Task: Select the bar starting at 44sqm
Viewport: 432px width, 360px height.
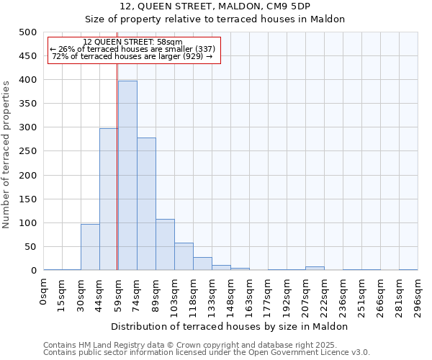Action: (x=109, y=199)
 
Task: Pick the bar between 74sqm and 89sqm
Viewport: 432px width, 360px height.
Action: (x=146, y=204)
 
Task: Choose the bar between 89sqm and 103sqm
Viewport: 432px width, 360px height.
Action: (x=165, y=245)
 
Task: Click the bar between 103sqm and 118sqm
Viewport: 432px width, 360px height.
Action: (x=184, y=256)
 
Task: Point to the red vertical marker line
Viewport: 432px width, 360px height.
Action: (x=117, y=166)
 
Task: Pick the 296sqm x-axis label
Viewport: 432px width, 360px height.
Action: (x=418, y=295)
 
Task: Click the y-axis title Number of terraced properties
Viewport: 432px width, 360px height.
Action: (x=6, y=154)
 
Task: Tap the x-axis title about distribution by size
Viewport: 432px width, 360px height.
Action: (x=230, y=326)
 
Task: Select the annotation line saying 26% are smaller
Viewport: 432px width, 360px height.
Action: (x=132, y=49)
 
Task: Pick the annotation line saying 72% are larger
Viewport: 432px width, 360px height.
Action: (x=132, y=56)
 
